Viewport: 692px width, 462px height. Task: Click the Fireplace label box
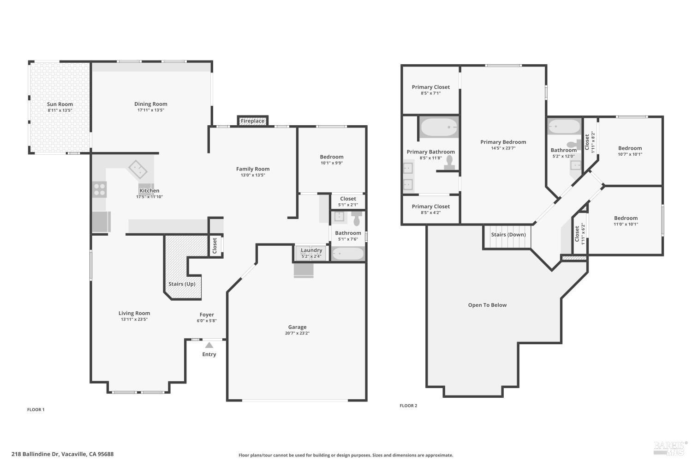[253, 121]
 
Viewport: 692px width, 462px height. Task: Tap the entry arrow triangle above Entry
[209, 345]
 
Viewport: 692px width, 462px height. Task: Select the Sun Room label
[60, 104]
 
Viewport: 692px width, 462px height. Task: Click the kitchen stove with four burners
[100, 189]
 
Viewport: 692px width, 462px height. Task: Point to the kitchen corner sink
[137, 169]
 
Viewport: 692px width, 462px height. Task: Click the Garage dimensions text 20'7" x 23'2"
[297, 333]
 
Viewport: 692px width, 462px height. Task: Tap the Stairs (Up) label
[182, 284]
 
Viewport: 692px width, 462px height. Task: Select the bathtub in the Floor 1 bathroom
[348, 254]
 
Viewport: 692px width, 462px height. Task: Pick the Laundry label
[311, 250]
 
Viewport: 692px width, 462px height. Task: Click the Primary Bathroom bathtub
[439, 127]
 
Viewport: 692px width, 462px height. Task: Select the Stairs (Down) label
[508, 235]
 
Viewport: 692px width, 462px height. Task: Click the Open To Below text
[487, 305]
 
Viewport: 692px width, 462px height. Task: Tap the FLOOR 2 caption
[408, 406]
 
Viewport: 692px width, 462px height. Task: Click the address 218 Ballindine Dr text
[62, 454]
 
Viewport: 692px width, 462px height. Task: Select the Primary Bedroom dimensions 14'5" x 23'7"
[503, 148]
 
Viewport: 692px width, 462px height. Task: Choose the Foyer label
[207, 315]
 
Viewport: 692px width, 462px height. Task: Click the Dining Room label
[151, 104]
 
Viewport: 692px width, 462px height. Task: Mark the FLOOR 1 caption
[36, 409]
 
